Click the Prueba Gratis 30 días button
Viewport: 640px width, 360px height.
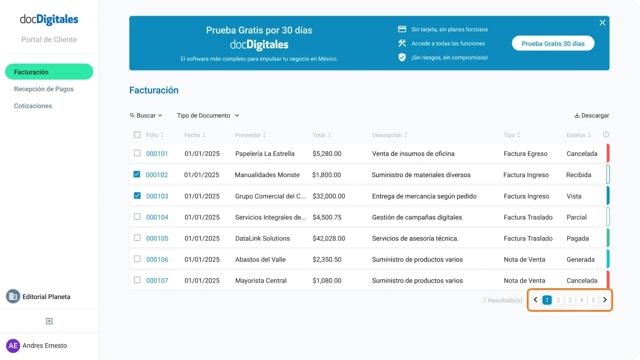tap(553, 44)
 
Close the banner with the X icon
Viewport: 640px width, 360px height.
tap(602, 22)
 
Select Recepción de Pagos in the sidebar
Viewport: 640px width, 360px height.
tap(44, 89)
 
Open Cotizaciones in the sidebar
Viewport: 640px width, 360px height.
tap(33, 106)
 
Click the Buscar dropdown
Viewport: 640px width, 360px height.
tap(146, 116)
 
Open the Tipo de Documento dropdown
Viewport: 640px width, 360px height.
tap(208, 116)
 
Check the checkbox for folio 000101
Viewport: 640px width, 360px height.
tap(137, 153)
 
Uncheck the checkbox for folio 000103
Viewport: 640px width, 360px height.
tap(137, 196)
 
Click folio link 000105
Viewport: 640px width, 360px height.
tap(157, 238)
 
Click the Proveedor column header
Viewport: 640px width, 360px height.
tap(248, 135)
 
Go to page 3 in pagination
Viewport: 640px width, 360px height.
tap(570, 300)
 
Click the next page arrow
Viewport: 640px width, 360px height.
tap(605, 300)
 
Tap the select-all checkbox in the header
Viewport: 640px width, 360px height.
tap(137, 135)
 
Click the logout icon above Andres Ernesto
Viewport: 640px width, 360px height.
tap(49, 321)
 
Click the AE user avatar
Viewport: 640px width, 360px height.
tap(13, 345)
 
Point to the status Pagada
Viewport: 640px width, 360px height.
tap(577, 238)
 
